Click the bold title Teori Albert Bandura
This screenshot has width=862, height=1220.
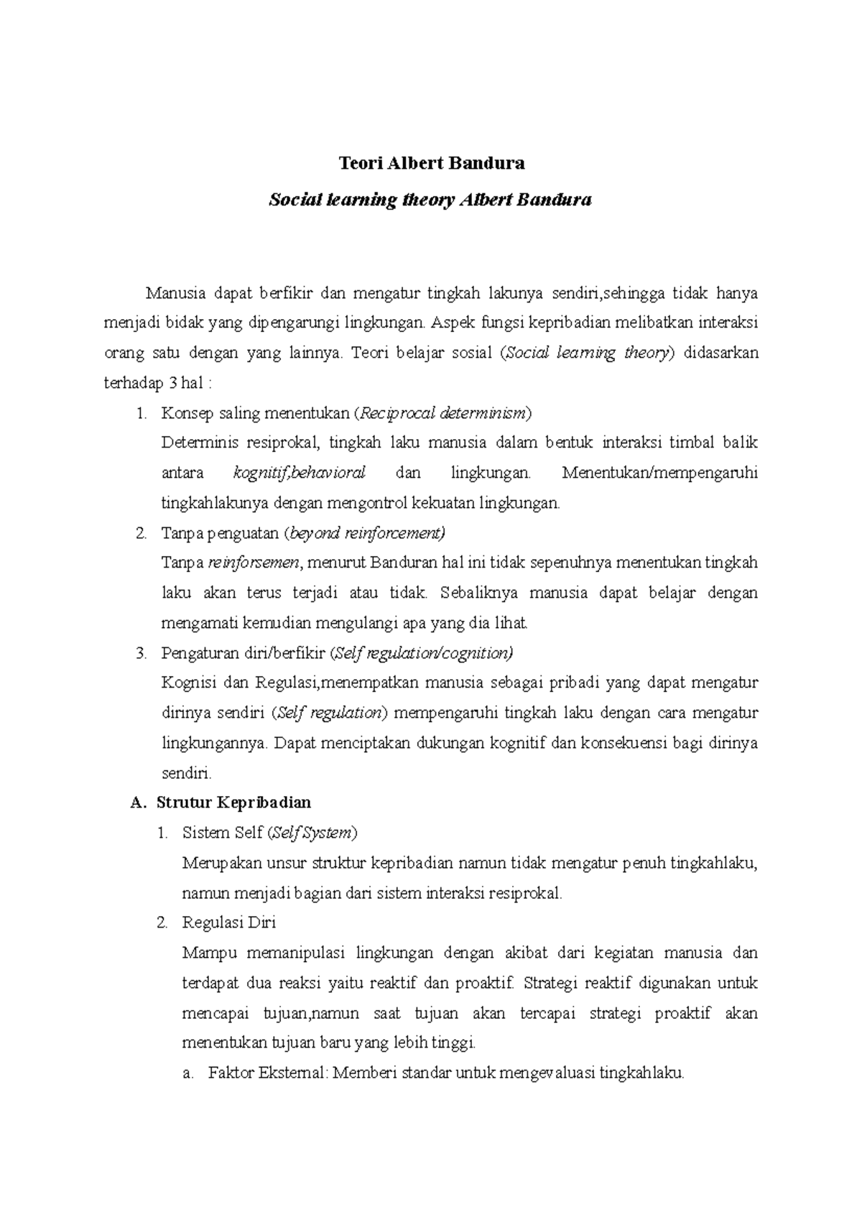pyautogui.click(x=432, y=163)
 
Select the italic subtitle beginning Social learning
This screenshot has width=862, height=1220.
pyautogui.click(x=430, y=200)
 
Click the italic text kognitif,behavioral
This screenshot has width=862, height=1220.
pyautogui.click(x=300, y=473)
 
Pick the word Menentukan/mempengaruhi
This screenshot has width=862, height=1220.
pyautogui.click(x=660, y=473)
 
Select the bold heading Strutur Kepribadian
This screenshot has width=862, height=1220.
pyautogui.click(x=233, y=803)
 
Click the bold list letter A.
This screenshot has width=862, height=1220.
pyautogui.click(x=138, y=803)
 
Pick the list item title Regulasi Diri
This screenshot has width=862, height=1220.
pyautogui.click(x=229, y=923)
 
